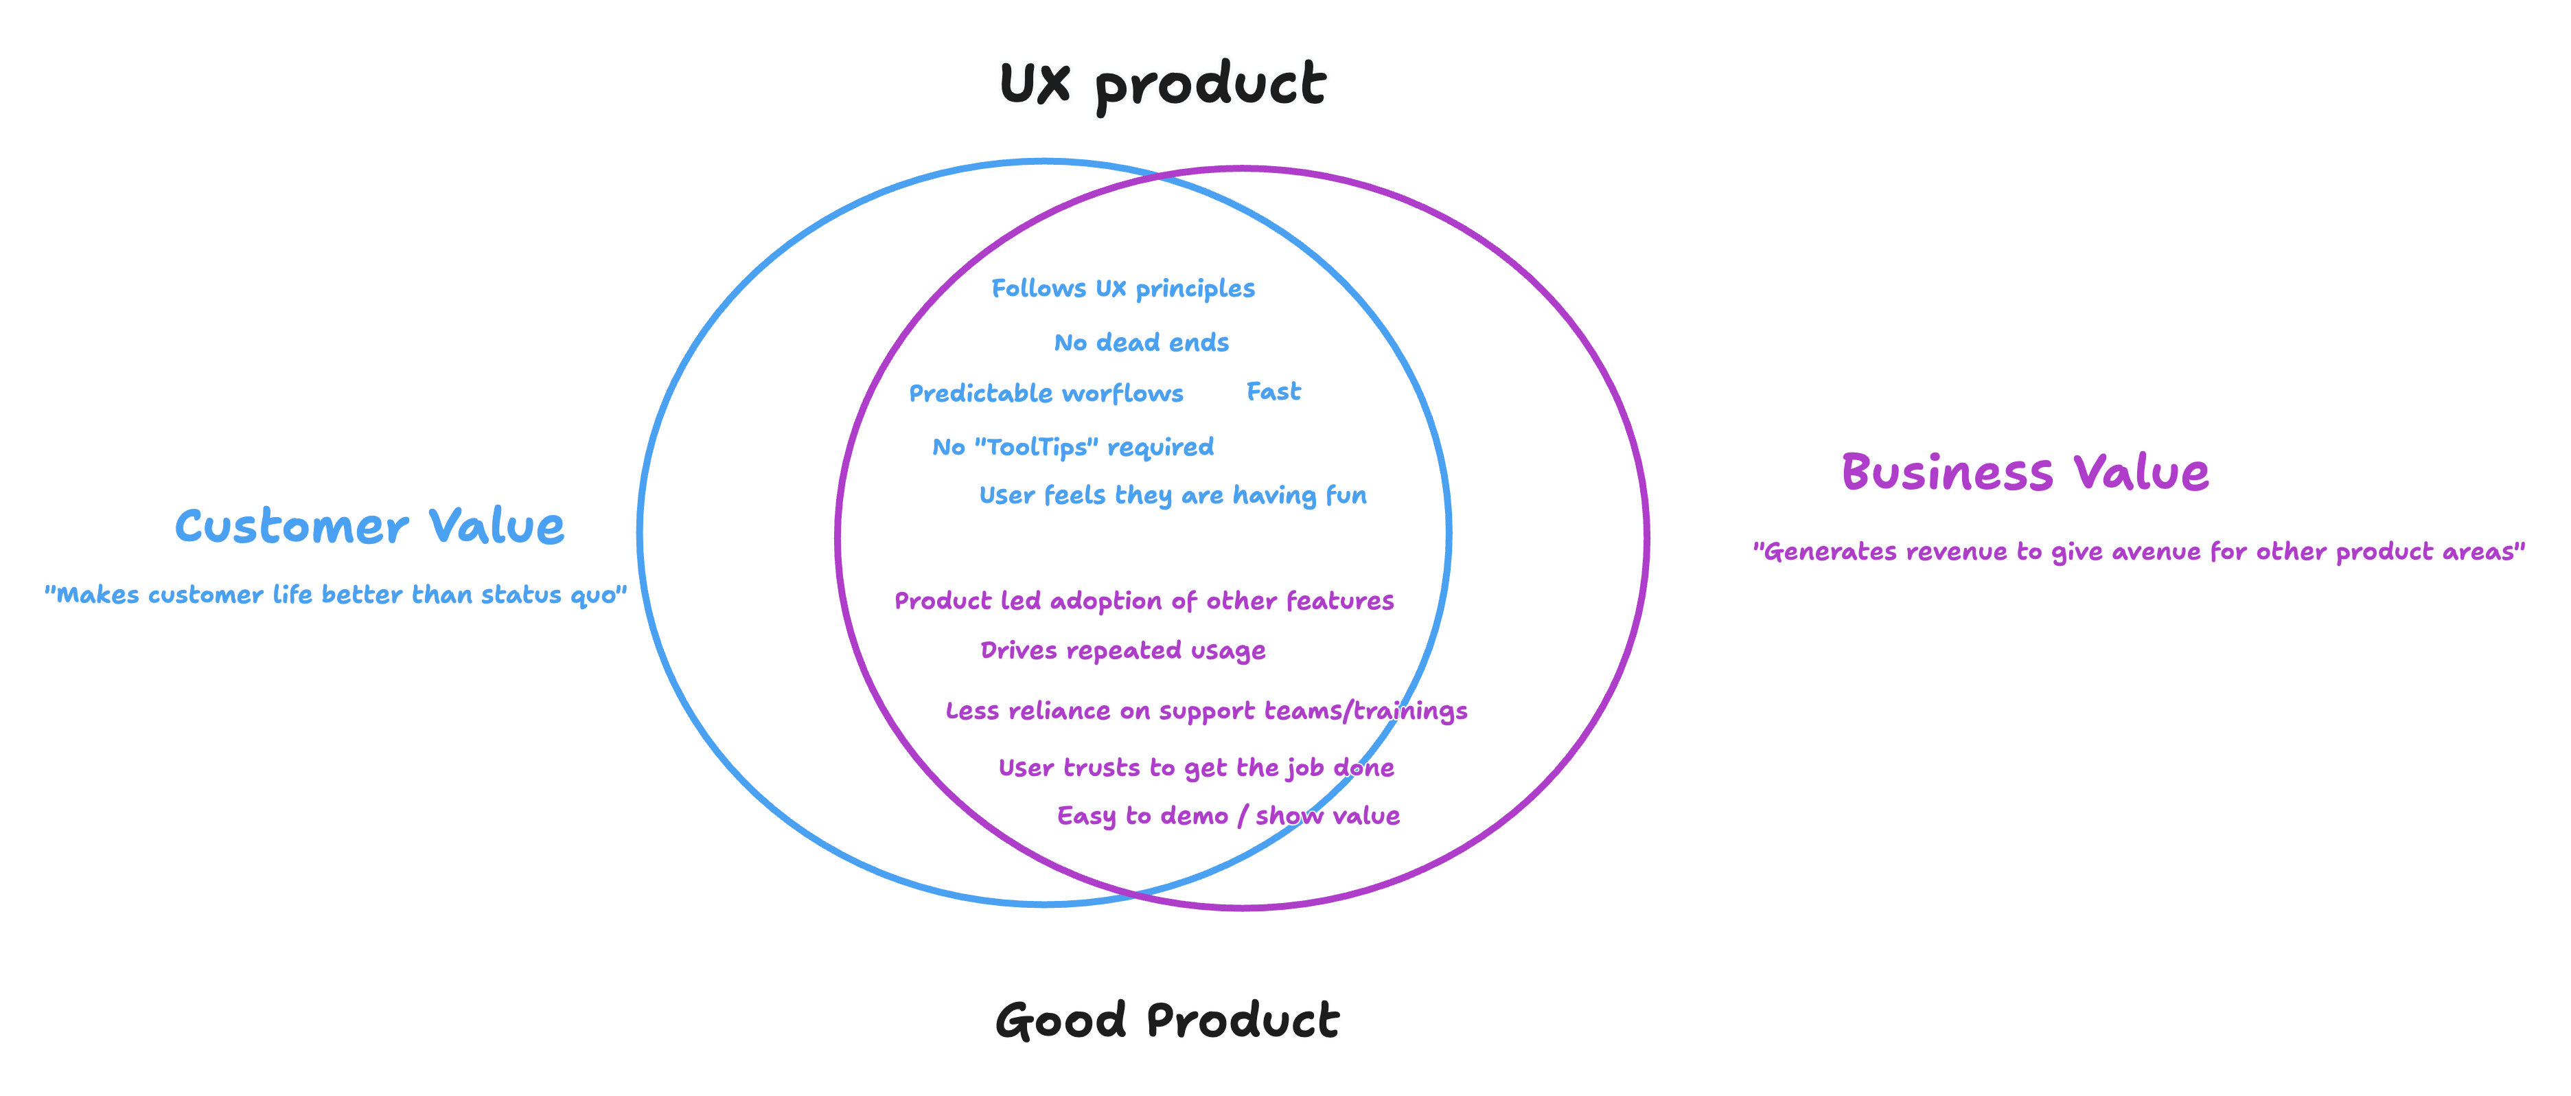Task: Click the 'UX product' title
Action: tap(1163, 84)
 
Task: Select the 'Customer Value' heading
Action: tap(369, 525)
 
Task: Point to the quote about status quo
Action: tap(335, 595)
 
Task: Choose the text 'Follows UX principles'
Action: tap(1123, 288)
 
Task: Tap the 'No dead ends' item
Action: tap(1141, 343)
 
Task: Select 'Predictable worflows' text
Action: tap(1046, 393)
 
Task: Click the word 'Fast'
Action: tap(1273, 391)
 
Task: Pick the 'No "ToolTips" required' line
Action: tap(1073, 447)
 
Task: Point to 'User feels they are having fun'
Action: tap(1173, 495)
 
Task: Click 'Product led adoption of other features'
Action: tap(1144, 601)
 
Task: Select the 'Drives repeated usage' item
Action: tap(1123, 651)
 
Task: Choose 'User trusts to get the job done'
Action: tap(1197, 768)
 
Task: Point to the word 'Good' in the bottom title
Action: tap(1061, 1020)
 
